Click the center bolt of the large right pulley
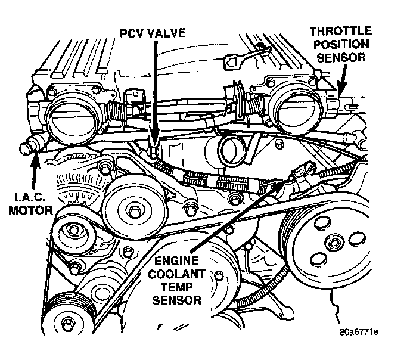pyautogui.click(x=334, y=243)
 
